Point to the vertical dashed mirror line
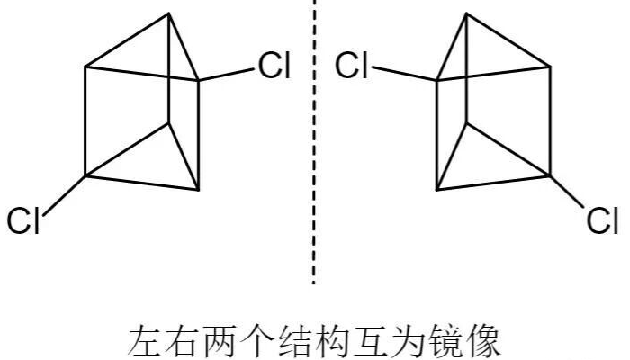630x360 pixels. tap(314, 144)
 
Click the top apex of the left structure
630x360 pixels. tap(170, 14)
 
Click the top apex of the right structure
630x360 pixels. tap(465, 14)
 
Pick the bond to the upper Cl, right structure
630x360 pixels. tap(405, 74)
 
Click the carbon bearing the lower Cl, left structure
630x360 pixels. tap(85, 176)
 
